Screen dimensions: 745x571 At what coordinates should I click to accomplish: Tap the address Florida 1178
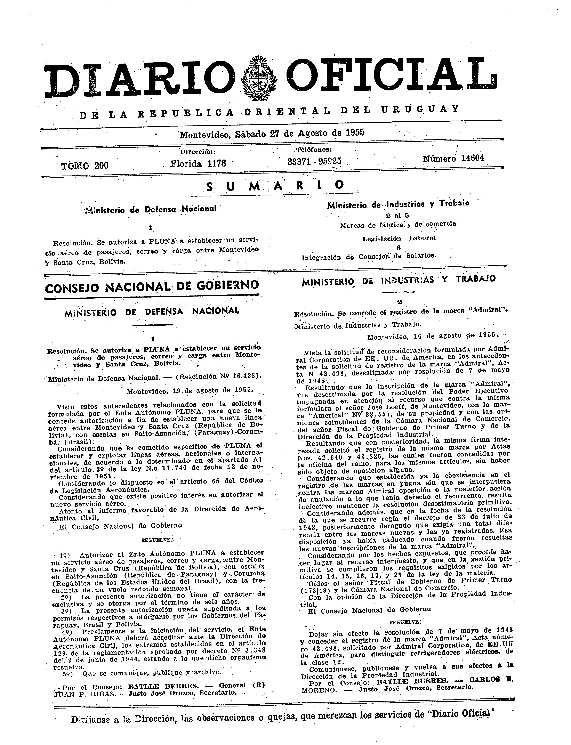tap(198, 163)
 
